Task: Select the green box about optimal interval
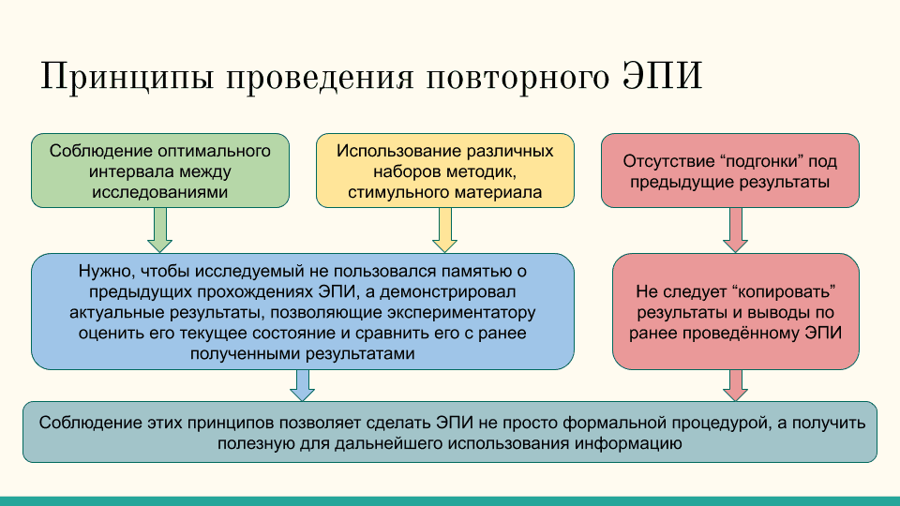click(x=160, y=171)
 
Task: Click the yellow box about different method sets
click(x=444, y=171)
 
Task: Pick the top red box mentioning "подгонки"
click(x=729, y=171)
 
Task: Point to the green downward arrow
click(x=160, y=230)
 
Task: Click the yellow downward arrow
click(x=444, y=230)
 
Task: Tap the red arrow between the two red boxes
click(x=735, y=230)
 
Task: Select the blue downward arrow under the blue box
click(x=302, y=384)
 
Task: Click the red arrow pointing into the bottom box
click(x=735, y=384)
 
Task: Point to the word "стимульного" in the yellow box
click(x=403, y=193)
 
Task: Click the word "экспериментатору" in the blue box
click(x=463, y=312)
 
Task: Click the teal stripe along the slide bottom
click(x=450, y=500)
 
